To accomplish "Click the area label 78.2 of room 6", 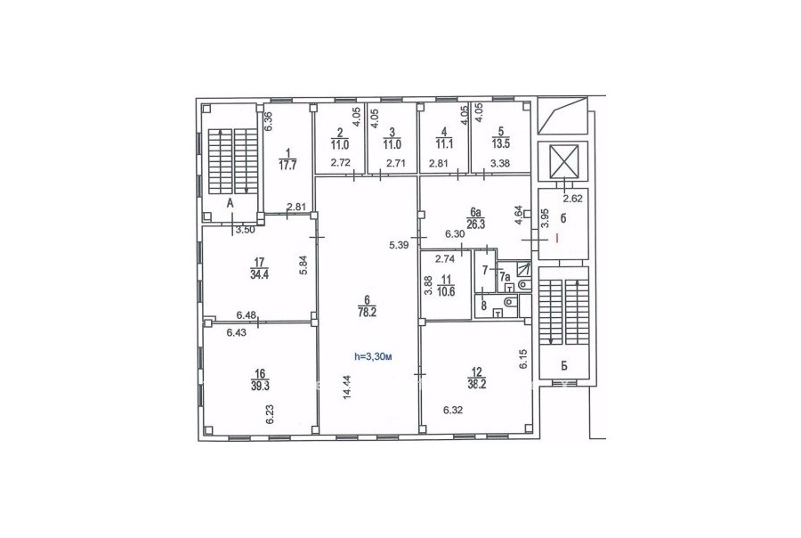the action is point(367,313).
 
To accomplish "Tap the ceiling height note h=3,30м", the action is point(373,357).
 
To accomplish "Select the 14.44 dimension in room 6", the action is point(347,387).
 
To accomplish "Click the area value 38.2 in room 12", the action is point(477,385).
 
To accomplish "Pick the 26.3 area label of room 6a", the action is point(475,223).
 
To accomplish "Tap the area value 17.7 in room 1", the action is point(287,165).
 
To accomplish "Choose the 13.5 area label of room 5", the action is point(500,144).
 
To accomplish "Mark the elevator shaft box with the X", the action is point(563,161).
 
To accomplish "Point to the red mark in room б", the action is point(557,239).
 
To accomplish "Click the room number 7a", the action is point(505,277).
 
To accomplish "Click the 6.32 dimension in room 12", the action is point(453,409).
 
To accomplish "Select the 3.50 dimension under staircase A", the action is point(246,230).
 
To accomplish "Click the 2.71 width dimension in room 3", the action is point(395,164).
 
